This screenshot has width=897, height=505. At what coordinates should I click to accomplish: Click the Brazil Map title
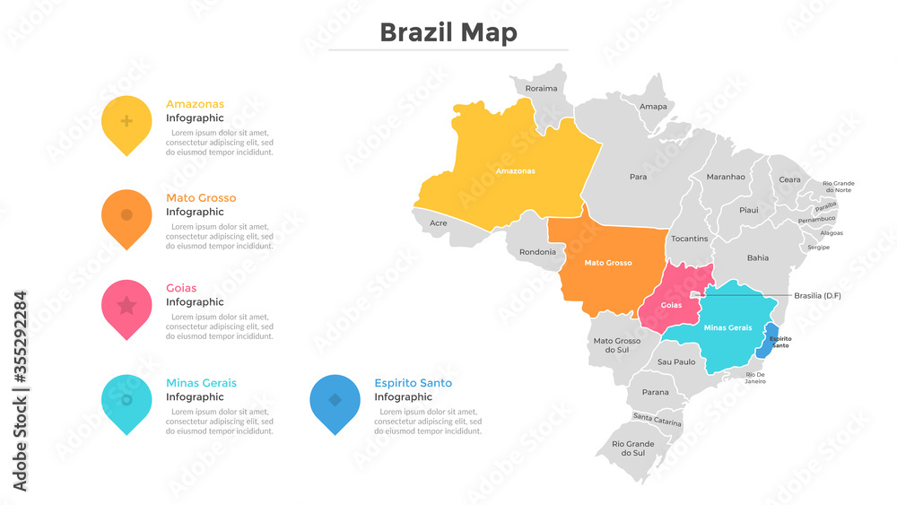click(448, 33)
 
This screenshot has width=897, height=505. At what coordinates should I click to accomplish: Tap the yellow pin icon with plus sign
click(126, 121)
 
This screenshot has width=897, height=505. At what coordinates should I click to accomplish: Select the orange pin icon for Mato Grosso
click(126, 215)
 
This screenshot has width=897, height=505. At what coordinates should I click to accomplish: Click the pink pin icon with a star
click(126, 306)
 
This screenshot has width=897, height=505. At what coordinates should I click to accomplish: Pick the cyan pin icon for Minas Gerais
click(126, 400)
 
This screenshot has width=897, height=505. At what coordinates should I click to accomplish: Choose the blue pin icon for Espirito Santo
click(335, 400)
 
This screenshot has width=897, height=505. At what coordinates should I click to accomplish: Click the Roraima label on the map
click(541, 89)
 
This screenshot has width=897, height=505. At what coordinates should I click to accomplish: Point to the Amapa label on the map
click(653, 107)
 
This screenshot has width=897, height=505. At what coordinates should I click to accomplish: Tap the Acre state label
click(439, 223)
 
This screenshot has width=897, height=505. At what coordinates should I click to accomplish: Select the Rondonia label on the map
click(537, 252)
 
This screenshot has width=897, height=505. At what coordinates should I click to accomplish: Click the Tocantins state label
click(689, 239)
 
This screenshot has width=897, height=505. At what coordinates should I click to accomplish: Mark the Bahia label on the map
click(758, 258)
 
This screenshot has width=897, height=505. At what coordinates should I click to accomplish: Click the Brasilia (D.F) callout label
click(818, 295)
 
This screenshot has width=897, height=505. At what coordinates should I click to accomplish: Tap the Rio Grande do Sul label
click(633, 448)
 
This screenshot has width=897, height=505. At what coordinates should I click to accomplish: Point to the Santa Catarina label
click(657, 419)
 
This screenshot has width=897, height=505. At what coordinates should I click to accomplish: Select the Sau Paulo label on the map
click(676, 362)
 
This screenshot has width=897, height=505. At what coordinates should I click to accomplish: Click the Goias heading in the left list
click(181, 288)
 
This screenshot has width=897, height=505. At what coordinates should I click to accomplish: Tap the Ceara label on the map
click(789, 179)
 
